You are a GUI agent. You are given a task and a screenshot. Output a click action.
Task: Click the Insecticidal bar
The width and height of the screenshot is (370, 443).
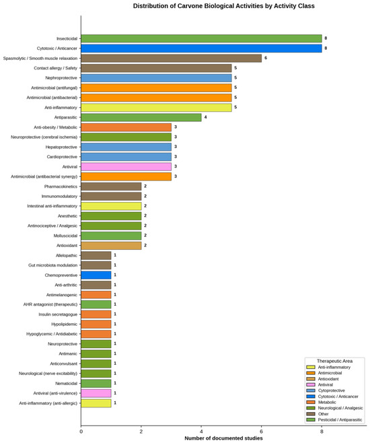pyautogui.click(x=201, y=38)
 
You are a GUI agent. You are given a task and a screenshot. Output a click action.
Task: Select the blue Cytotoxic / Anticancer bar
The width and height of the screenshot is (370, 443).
pyautogui.click(x=201, y=48)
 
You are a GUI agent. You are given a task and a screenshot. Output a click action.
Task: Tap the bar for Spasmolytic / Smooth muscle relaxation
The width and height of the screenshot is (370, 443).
pyautogui.click(x=172, y=58)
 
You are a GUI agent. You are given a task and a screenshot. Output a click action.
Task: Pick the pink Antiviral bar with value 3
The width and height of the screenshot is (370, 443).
pyautogui.click(x=126, y=167)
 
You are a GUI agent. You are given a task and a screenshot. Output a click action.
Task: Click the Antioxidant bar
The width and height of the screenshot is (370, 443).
pyautogui.click(x=111, y=246)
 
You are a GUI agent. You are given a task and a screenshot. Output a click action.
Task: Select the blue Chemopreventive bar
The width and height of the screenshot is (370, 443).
pyautogui.click(x=96, y=275)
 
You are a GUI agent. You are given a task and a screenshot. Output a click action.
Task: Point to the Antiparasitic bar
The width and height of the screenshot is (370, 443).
pyautogui.click(x=141, y=117)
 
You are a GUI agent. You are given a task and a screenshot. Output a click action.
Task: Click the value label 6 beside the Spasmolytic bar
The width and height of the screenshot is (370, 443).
pyautogui.click(x=266, y=58)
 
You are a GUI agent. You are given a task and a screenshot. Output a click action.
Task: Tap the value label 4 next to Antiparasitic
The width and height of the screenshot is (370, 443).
pyautogui.click(x=205, y=117)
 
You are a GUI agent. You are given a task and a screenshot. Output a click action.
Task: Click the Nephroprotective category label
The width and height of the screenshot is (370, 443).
pyautogui.click(x=61, y=78)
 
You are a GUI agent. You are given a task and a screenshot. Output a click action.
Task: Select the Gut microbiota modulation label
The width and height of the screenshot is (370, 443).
pyautogui.click(x=52, y=265)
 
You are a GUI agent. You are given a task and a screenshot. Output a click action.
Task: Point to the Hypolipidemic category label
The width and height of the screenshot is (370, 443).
pyautogui.click(x=65, y=325)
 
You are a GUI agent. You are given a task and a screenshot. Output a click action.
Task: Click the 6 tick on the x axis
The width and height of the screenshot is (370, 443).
pyautogui.click(x=261, y=432)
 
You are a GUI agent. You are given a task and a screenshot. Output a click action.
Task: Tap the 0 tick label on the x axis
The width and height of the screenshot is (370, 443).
pyautogui.click(x=81, y=432)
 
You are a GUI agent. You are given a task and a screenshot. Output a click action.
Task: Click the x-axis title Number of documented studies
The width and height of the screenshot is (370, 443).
pyautogui.click(x=223, y=438)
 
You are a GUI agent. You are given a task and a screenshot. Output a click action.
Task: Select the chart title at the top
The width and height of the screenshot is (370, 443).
pyautogui.click(x=224, y=6)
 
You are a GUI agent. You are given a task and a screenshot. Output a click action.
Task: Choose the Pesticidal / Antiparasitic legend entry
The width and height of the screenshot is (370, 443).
pyautogui.click(x=334, y=420)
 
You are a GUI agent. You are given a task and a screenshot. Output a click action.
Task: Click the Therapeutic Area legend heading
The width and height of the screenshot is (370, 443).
pyautogui.click(x=334, y=361)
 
